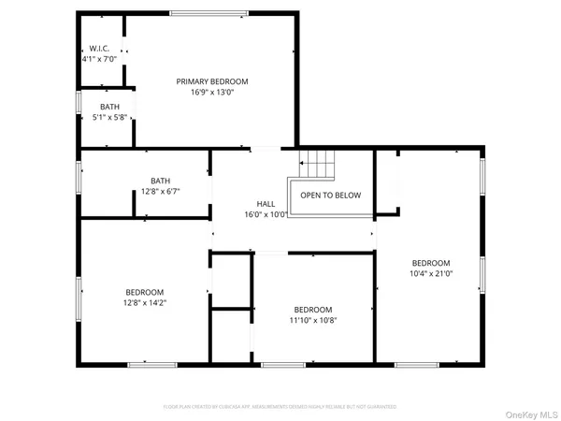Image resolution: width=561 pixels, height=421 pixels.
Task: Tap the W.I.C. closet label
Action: click(99, 49)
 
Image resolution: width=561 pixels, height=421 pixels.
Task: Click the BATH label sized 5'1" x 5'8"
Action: click(110, 107)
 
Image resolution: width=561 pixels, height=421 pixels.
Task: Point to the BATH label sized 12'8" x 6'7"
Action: click(160, 181)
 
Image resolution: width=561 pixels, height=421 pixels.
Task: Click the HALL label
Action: click(266, 203)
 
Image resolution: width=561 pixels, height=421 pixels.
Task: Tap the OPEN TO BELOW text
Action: click(330, 196)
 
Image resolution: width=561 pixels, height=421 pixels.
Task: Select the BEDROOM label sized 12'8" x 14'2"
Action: click(145, 292)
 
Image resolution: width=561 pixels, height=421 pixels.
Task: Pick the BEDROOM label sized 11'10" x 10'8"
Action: click(313, 310)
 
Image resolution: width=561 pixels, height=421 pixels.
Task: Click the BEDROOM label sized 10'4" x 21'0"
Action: click(431, 263)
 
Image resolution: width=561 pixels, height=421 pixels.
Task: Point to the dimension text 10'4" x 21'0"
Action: click(431, 273)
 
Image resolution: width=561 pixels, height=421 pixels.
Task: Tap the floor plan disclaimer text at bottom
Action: click(280, 407)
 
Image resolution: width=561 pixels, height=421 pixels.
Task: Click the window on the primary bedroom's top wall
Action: click(196, 12)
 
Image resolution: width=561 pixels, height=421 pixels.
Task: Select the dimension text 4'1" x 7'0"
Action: click(99, 59)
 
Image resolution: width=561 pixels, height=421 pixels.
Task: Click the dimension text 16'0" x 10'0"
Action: click(266, 213)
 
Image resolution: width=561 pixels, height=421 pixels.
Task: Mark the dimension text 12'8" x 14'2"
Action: click(145, 302)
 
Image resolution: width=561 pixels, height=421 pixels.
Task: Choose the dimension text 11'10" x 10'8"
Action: click(313, 320)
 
